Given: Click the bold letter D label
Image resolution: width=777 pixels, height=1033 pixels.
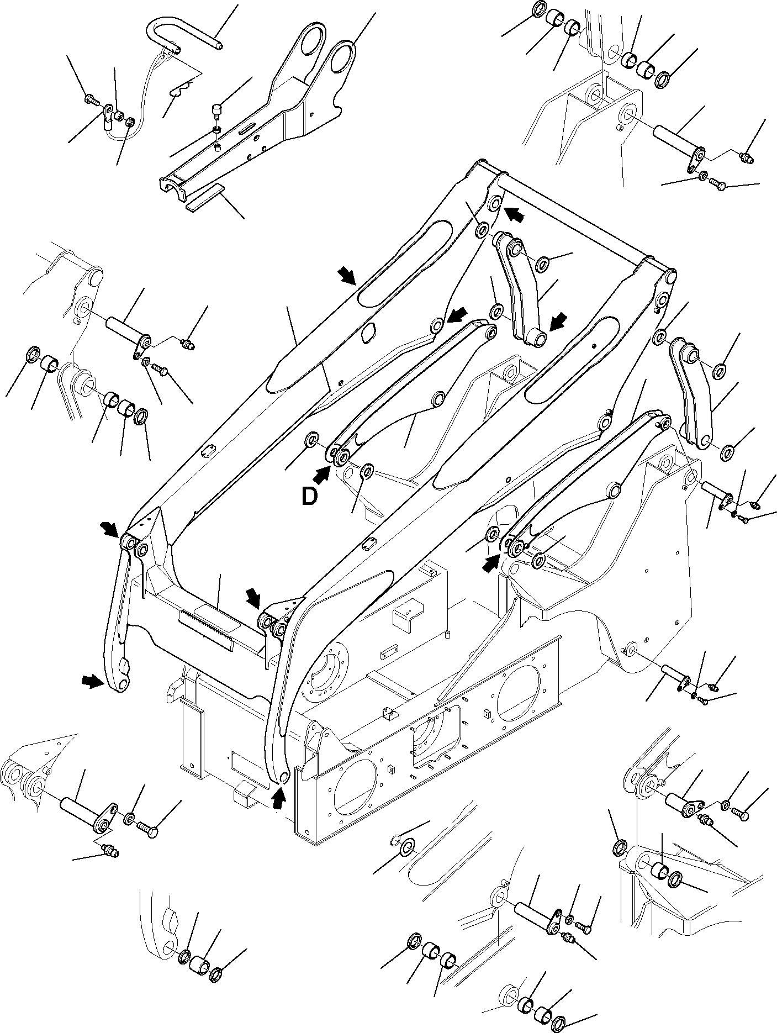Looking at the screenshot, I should pos(310,497).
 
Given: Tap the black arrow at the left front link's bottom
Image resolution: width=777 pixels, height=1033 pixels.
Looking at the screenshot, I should pos(92,683).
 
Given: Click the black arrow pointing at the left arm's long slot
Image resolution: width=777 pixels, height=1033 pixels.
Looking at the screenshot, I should pos(347,274).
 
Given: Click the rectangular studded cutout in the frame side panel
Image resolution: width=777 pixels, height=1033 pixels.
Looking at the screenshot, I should pos(436,741).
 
